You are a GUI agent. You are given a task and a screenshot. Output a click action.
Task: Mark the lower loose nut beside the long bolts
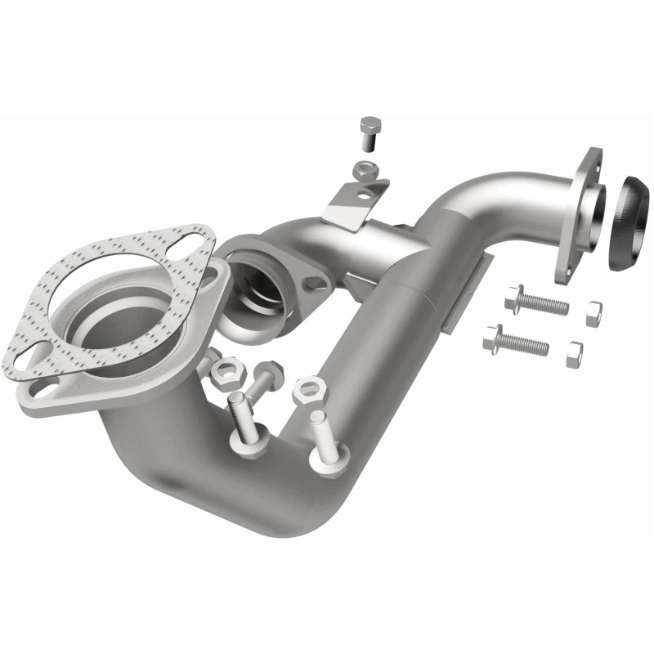pyautogui.click(x=574, y=353)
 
